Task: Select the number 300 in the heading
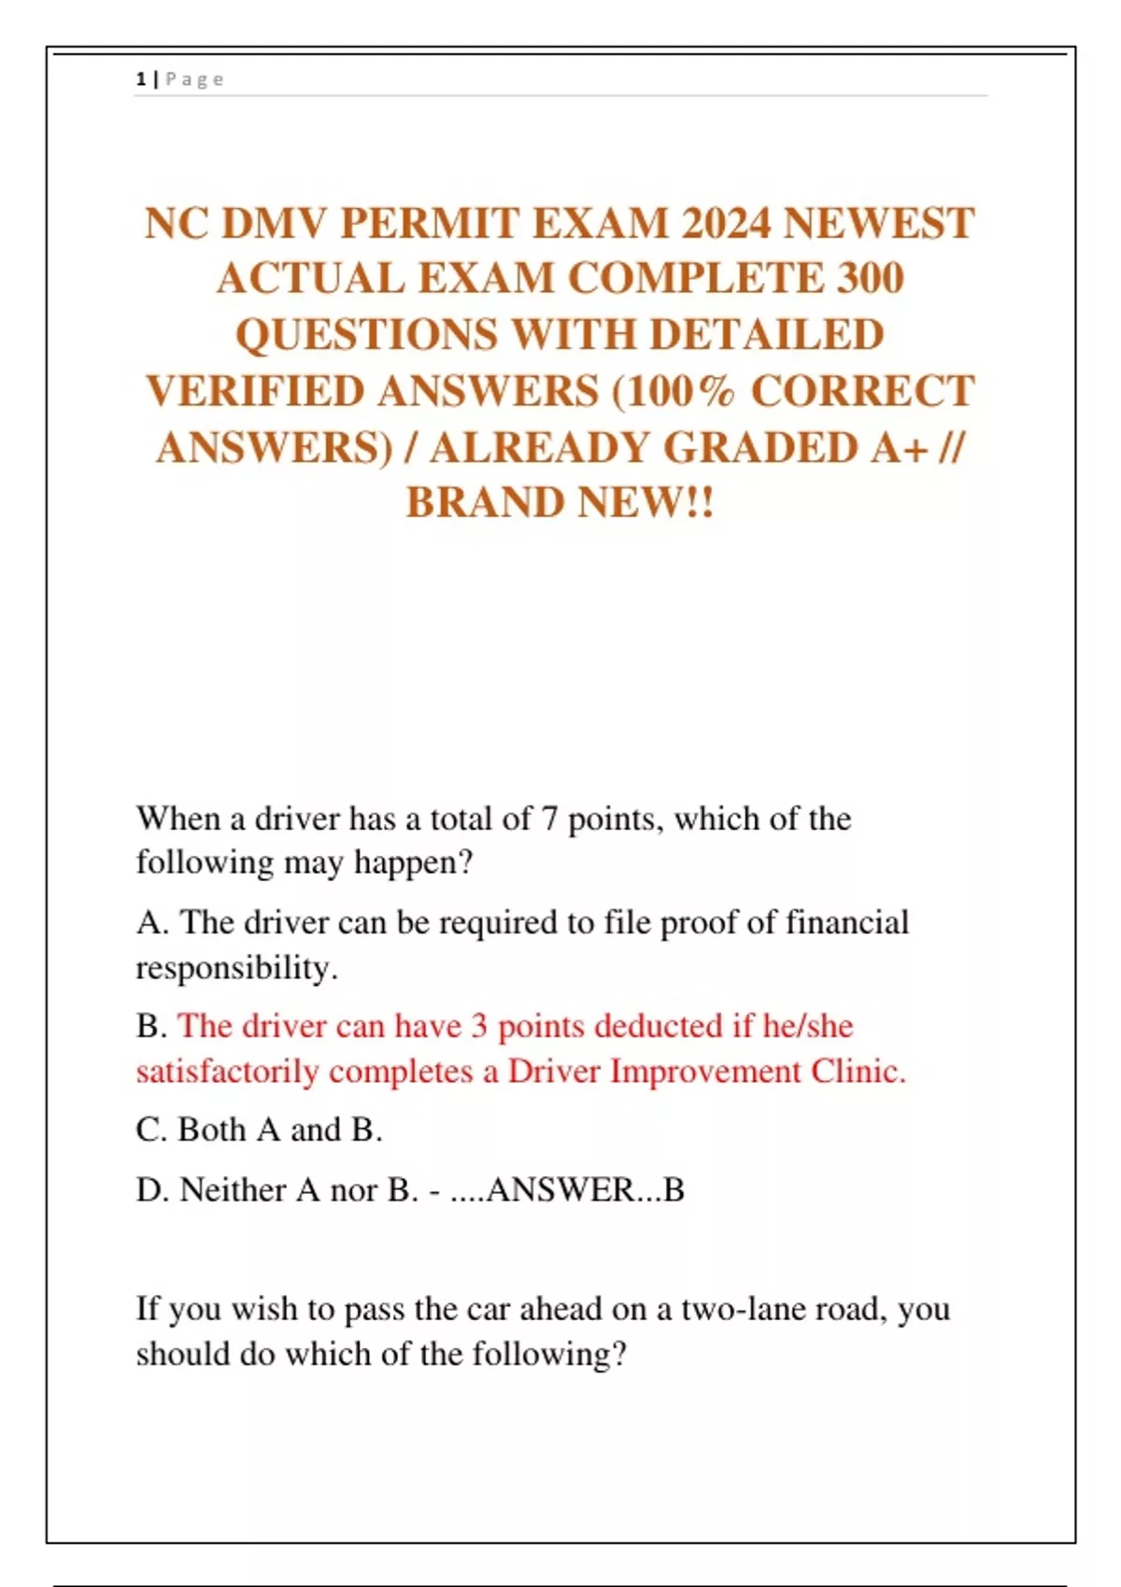click(865, 278)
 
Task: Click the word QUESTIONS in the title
click(366, 335)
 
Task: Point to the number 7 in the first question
click(549, 820)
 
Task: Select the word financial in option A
click(846, 923)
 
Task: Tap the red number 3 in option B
click(478, 1026)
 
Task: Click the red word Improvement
click(705, 1071)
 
